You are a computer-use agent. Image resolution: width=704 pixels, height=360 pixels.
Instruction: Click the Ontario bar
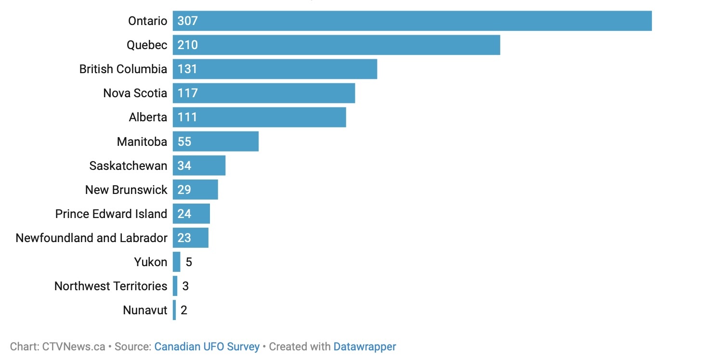click(x=412, y=21)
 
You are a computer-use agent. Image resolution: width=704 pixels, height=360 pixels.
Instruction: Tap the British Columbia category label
click(x=123, y=69)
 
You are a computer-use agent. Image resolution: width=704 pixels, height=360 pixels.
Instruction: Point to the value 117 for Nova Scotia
click(x=187, y=93)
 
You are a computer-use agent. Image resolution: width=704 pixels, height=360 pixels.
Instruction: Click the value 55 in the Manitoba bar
click(x=184, y=141)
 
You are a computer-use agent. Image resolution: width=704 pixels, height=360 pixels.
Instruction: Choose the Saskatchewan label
click(x=128, y=166)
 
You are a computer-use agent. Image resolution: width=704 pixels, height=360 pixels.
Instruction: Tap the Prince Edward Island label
click(x=111, y=214)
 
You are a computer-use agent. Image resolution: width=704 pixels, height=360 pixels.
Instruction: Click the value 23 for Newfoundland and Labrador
click(x=184, y=238)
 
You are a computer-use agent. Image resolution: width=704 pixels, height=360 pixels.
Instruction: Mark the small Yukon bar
click(x=176, y=262)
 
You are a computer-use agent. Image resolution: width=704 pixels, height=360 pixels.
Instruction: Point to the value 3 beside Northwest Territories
click(x=185, y=286)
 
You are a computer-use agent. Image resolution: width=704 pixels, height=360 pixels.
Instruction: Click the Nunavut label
click(x=145, y=310)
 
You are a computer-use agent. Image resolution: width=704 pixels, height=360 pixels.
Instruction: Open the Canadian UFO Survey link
click(x=207, y=347)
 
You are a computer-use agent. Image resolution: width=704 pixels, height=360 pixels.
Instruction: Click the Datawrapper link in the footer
click(x=365, y=347)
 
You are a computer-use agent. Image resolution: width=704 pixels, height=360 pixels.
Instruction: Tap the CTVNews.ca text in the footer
click(x=73, y=347)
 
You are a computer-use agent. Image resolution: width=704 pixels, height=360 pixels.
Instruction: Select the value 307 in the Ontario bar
click(x=187, y=21)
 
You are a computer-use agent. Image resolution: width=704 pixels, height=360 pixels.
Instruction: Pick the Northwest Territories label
click(x=111, y=286)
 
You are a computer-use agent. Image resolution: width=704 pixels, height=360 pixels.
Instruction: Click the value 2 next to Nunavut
click(x=183, y=310)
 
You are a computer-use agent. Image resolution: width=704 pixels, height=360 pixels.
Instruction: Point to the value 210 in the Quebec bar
click(x=187, y=45)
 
